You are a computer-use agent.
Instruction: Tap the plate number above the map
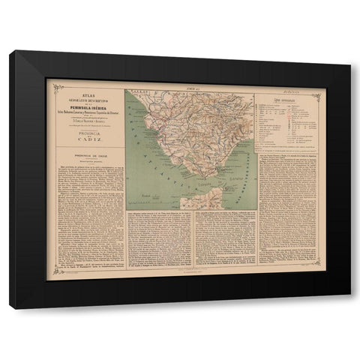191,87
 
